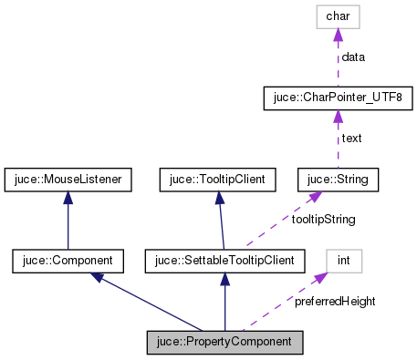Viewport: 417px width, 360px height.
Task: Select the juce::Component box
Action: (x=62, y=262)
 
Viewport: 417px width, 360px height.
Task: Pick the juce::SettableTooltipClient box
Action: (x=224, y=262)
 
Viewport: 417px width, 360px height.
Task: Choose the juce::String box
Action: (x=335, y=180)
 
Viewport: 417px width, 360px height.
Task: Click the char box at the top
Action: (x=335, y=16)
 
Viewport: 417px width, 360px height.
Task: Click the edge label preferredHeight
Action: (x=333, y=301)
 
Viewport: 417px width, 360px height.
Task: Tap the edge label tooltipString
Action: (x=323, y=220)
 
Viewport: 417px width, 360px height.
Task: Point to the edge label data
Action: (x=353, y=57)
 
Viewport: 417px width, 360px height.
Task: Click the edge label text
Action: (x=351, y=139)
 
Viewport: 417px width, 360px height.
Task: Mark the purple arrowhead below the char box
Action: (x=335, y=34)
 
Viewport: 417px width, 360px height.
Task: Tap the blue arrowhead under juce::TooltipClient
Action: (x=219, y=198)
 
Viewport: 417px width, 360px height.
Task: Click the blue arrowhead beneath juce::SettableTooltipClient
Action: (x=224, y=279)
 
